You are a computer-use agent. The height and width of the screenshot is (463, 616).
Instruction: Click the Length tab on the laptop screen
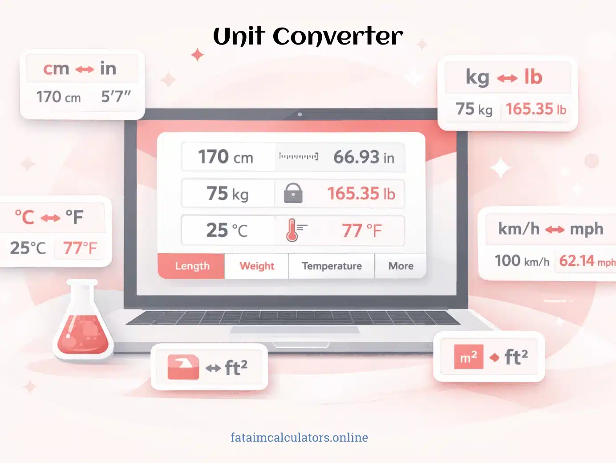tap(192, 266)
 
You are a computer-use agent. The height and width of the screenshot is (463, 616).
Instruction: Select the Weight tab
tap(257, 266)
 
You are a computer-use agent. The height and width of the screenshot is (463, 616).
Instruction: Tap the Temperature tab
tap(332, 266)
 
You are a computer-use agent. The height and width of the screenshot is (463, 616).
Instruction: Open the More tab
tap(401, 266)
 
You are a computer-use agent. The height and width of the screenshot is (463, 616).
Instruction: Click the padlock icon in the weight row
tap(293, 194)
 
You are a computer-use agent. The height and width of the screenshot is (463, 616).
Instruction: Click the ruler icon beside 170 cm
tap(298, 157)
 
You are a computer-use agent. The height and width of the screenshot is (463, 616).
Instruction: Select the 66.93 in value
tap(363, 157)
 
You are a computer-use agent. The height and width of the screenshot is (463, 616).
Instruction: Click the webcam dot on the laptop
tap(300, 114)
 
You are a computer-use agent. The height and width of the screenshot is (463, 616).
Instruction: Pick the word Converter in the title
tap(338, 37)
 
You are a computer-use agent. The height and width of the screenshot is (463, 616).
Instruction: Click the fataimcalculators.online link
tap(299, 437)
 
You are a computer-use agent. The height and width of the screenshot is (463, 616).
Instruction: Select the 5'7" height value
tap(116, 96)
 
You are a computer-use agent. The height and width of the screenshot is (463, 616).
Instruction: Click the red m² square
tap(468, 357)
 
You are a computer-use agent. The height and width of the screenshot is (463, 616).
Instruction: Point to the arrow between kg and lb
tap(507, 79)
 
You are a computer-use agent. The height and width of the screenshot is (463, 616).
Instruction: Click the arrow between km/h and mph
tap(555, 230)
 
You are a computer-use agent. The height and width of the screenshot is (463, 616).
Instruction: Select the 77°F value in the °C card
tap(80, 248)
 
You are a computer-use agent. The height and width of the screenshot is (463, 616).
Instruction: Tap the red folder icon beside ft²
tap(183, 367)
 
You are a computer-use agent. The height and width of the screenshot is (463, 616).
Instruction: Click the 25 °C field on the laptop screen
tap(227, 231)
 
